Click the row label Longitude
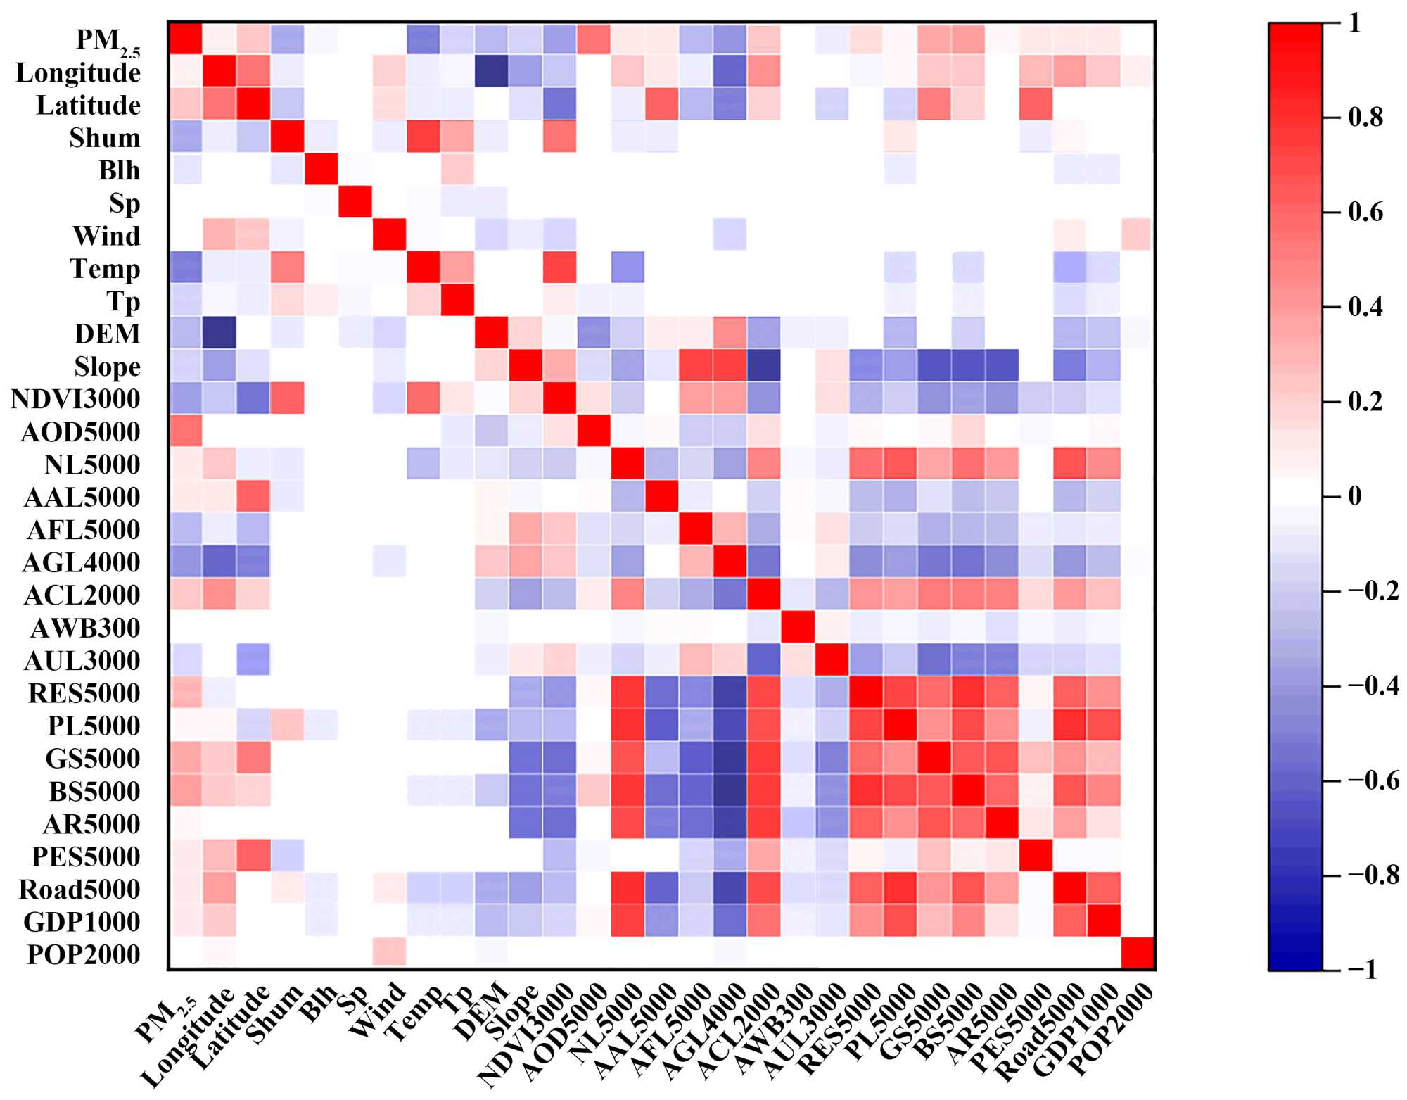78,72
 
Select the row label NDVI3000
76,399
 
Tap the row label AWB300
85,628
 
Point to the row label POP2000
84,954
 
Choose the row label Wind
106,236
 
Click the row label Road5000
79,889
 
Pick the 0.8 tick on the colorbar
1365,118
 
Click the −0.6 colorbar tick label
1373,780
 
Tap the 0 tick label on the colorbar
1354,496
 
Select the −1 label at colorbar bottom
1362,970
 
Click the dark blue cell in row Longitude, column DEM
492,72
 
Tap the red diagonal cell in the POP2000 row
1138,954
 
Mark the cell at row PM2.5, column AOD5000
593,39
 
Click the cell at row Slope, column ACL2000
763,366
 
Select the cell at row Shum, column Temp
423,137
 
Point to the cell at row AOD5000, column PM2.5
185,431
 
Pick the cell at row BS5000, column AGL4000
730,790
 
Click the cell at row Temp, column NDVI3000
559,268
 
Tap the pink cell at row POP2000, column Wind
389,954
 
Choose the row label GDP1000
82,922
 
